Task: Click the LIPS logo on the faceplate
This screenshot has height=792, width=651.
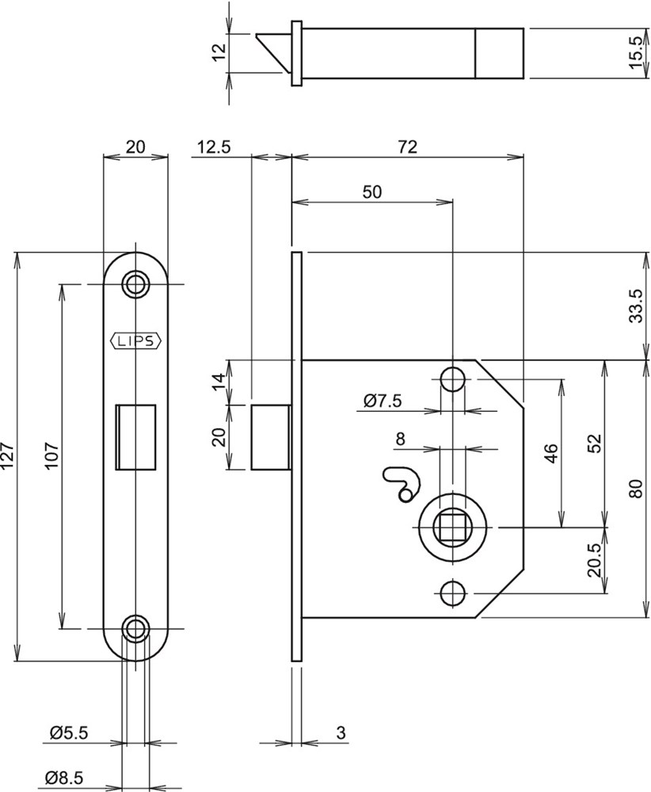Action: click(135, 341)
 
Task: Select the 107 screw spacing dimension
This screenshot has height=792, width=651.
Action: click(52, 455)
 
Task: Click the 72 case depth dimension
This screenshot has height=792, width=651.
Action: click(407, 147)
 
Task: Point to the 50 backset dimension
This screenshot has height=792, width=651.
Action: click(371, 192)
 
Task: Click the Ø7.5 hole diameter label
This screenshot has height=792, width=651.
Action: click(383, 402)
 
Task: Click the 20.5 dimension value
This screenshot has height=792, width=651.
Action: click(596, 560)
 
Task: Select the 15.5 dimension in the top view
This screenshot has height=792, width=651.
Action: click(637, 53)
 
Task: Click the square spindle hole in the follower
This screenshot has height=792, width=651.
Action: click(452, 527)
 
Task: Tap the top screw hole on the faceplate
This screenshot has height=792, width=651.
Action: click(136, 284)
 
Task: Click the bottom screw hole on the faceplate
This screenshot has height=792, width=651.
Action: click(136, 629)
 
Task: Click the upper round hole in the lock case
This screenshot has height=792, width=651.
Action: click(452, 379)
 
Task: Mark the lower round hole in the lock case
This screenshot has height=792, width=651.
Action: click(452, 592)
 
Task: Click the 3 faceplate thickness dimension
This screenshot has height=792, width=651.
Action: click(341, 733)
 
